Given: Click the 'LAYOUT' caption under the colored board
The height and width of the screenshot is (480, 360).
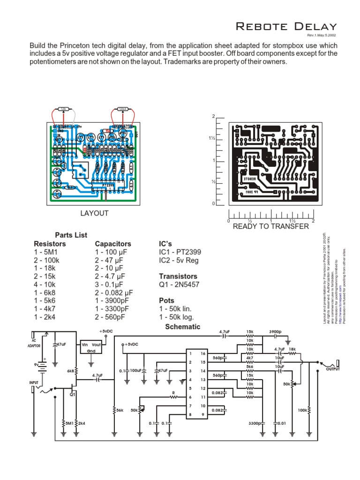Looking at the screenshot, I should pos(94,213).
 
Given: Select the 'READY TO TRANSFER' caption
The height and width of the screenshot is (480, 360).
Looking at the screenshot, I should pos(271,226).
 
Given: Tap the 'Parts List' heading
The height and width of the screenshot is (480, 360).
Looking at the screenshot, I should pos(71,235).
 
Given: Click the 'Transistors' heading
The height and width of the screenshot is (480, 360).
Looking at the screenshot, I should pos(178,276).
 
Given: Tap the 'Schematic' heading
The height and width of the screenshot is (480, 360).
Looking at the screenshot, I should pos(183,327).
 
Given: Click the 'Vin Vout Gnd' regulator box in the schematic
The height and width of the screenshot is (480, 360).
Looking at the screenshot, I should pos(91,347).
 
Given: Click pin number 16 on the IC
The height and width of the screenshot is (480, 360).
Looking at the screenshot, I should pos(203,354).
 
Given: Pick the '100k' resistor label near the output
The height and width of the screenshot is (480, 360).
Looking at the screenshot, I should pos(303,410).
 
